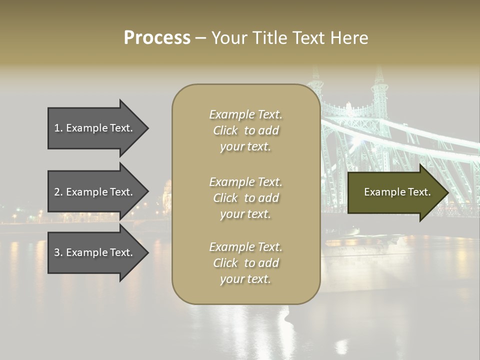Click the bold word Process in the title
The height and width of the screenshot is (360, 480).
[x=157, y=38]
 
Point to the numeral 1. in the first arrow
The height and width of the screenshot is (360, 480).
[x=58, y=128]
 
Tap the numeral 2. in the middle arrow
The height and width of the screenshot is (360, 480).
[x=58, y=192]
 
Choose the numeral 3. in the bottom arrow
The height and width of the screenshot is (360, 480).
[x=58, y=252]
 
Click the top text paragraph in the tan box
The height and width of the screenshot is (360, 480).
[x=245, y=130]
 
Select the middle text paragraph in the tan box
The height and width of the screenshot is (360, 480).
[x=245, y=197]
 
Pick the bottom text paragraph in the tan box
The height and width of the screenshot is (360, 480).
[x=245, y=263]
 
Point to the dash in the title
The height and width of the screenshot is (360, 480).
[x=200, y=38]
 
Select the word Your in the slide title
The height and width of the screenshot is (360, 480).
[x=229, y=38]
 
